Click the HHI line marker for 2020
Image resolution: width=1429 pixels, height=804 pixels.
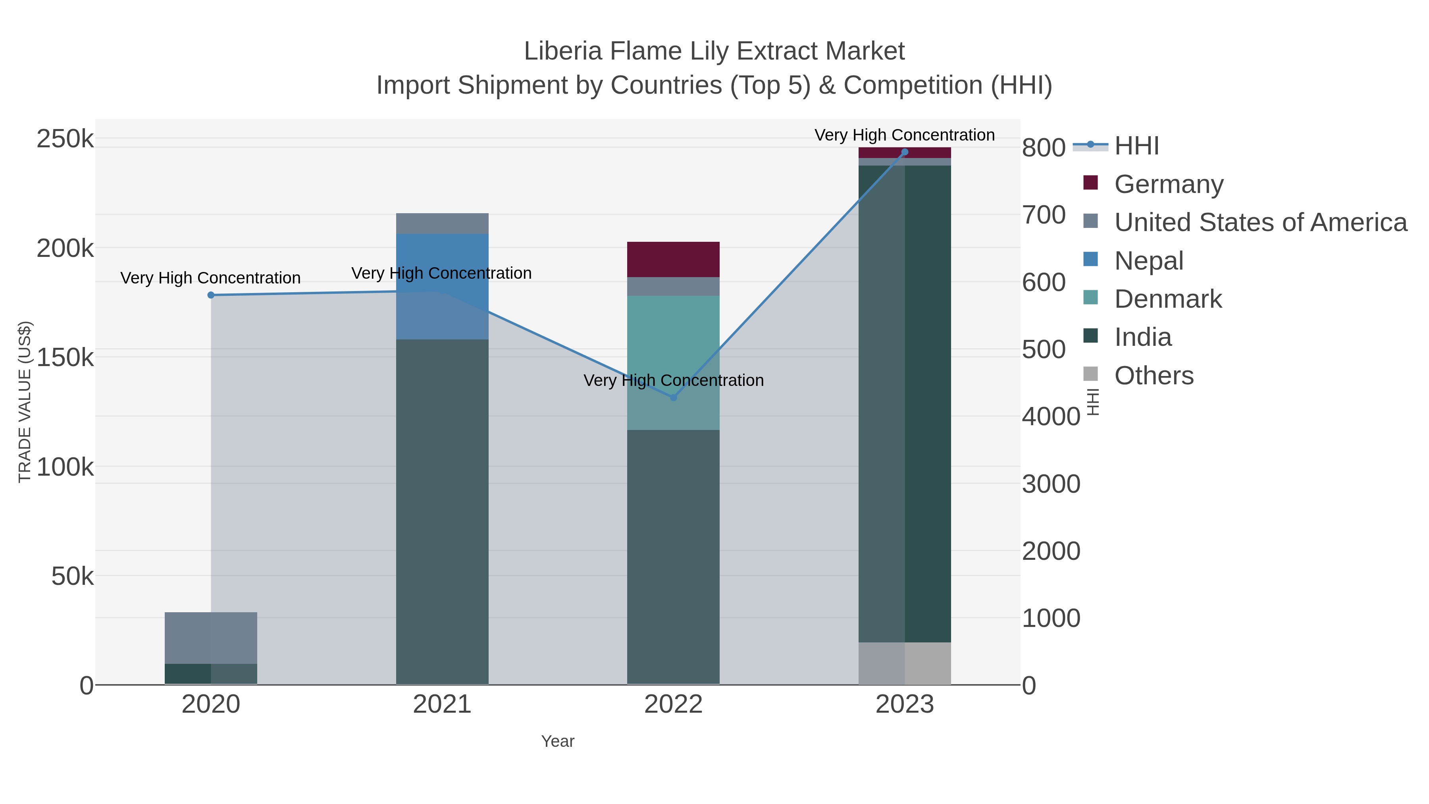pos(211,295)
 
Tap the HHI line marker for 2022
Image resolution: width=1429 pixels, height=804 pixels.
pos(674,397)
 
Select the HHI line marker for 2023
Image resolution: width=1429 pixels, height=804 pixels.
pos(905,152)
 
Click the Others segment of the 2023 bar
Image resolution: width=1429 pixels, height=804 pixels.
pos(905,663)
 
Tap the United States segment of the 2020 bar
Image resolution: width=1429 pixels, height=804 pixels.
pos(211,638)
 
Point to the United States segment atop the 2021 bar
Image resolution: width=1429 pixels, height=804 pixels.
pos(442,223)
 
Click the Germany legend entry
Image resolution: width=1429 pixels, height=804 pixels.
pos(1168,184)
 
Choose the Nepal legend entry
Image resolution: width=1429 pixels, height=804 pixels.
pos(1148,261)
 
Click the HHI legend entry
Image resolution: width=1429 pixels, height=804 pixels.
pos(1136,146)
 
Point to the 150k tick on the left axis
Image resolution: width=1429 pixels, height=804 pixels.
pos(65,358)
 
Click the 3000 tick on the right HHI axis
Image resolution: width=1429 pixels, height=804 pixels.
pos(1051,484)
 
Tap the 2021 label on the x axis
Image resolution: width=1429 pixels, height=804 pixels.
pos(442,705)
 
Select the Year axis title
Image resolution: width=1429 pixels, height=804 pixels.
pos(558,741)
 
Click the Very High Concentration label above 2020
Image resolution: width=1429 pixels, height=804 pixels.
pos(210,278)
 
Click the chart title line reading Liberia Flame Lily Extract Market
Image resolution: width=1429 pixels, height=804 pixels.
pos(714,51)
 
